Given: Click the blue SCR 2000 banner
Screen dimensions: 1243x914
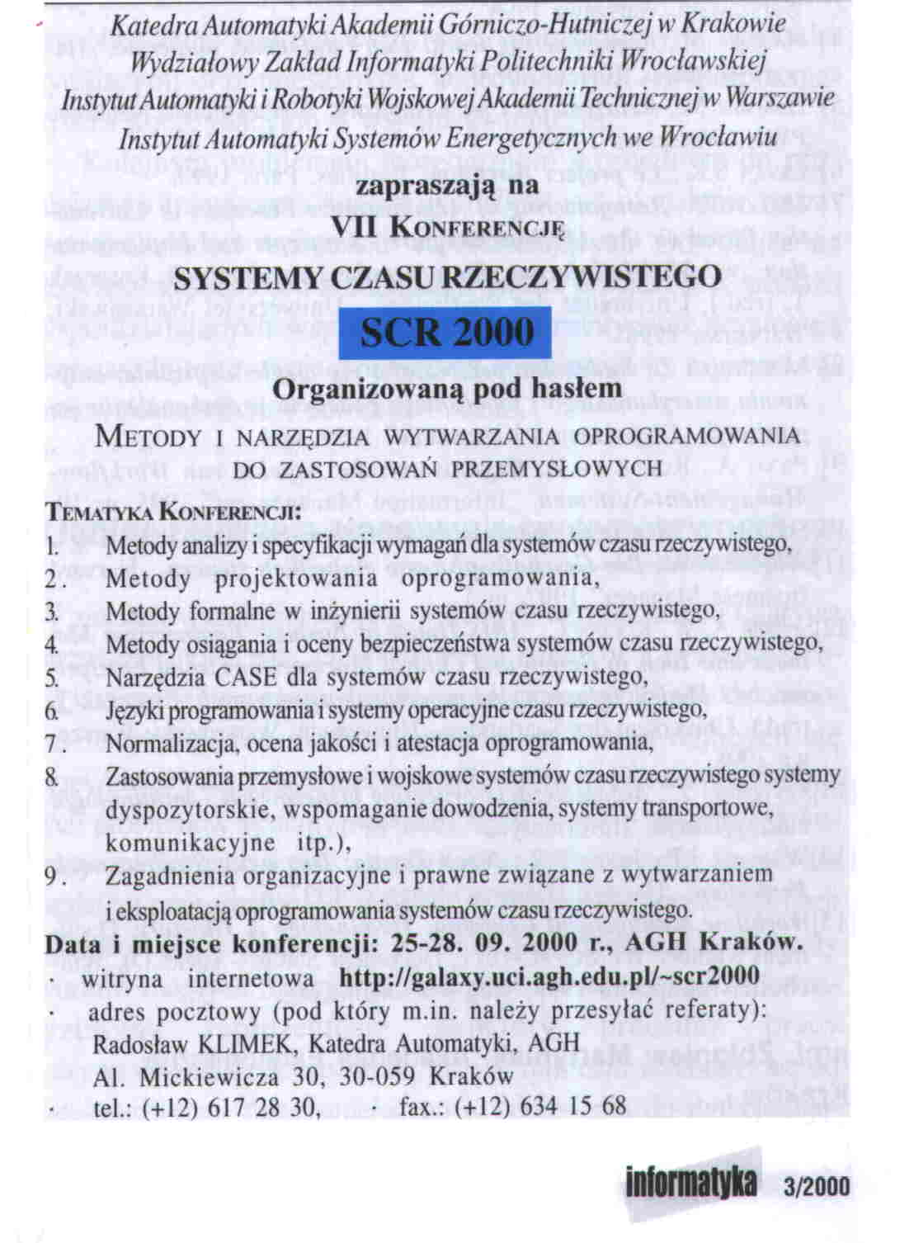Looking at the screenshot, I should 448,333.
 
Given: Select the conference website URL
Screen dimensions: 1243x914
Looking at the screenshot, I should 549,976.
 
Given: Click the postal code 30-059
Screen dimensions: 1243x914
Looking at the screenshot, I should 379,1076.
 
